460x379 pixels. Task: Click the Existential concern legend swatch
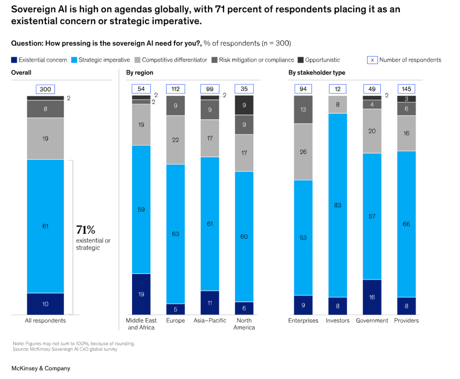pos(14,60)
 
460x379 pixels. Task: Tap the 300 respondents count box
pos(45,89)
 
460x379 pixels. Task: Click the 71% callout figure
pos(86,230)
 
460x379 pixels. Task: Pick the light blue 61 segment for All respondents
pos(45,226)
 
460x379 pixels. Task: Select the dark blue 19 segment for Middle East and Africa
pos(141,294)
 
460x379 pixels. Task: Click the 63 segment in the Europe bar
pos(175,234)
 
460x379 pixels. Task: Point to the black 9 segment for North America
pos(244,105)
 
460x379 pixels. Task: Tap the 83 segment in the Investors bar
pos(338,205)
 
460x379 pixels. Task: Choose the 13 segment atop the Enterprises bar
pos(303,110)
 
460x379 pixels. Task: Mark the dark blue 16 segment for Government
pos(372,297)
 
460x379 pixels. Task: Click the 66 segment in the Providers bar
pos(406,224)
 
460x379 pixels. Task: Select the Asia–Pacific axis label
pos(210,321)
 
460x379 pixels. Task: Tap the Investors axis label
pos(338,321)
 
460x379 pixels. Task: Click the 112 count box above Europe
pos(175,89)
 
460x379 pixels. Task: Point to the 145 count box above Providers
pos(406,89)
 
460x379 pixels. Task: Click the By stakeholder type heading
pos(317,73)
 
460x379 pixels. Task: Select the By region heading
pos(140,73)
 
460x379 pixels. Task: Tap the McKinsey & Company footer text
pos(40,368)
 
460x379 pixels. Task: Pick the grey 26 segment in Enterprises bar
pos(303,152)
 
